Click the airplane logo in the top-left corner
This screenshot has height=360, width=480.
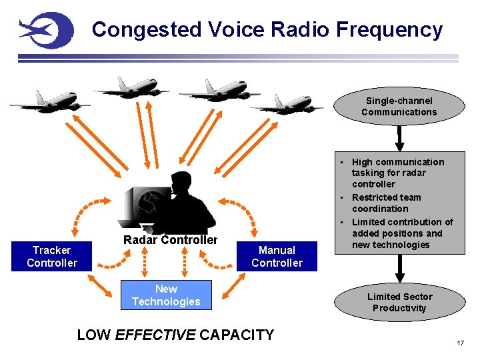[x=45, y=29]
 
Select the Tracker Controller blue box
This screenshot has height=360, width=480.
[x=52, y=256]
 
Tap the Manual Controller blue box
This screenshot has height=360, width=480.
[x=277, y=256]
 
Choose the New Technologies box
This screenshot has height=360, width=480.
[x=166, y=295]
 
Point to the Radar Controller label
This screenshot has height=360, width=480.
[x=170, y=240]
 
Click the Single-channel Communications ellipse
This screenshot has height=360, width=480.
[x=399, y=106]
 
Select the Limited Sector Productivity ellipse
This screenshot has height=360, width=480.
[x=399, y=302]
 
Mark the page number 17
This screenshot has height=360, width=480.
[x=460, y=343]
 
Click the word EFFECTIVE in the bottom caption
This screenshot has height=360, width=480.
[x=155, y=335]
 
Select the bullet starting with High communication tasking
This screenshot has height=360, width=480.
[x=397, y=173]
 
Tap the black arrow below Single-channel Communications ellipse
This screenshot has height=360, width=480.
[x=399, y=138]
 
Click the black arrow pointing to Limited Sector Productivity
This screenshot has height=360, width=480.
[x=399, y=269]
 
